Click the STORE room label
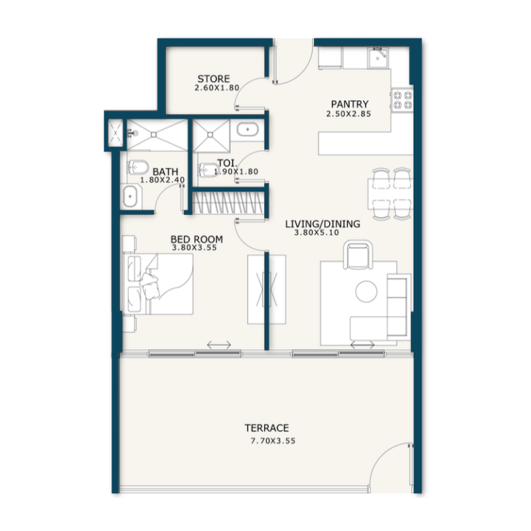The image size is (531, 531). (213, 79)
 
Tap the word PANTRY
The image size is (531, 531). (349, 104)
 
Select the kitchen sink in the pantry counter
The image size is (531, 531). (379, 59)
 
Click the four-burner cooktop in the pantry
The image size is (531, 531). (402, 100)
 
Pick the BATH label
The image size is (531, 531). (165, 171)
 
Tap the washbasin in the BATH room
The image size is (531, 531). (131, 196)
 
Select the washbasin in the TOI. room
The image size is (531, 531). (249, 129)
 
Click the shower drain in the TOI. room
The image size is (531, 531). (210, 134)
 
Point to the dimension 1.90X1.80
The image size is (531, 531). (236, 172)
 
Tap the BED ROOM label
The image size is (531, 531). (196, 239)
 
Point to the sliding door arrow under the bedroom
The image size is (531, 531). (219, 345)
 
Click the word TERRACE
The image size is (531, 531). (266, 428)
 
